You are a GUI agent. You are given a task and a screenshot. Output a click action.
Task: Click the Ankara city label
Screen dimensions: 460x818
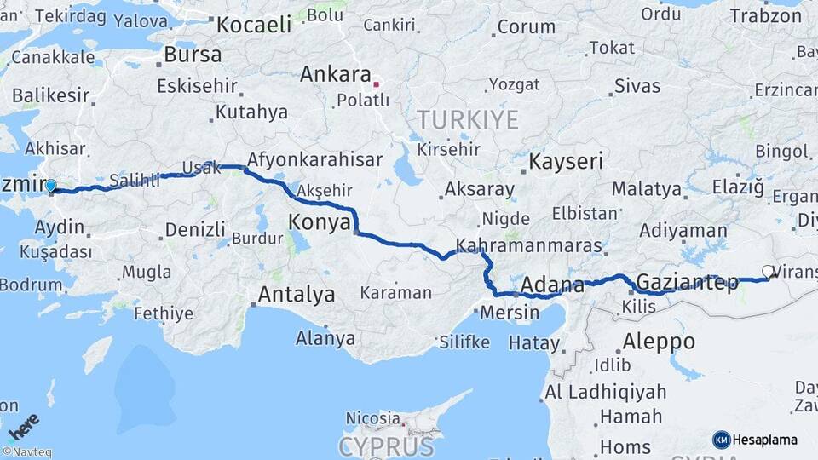tap(335, 74)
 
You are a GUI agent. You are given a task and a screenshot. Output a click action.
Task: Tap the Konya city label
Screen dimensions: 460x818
tap(320, 223)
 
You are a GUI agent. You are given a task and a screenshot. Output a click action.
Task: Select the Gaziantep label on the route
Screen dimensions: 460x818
tap(687, 283)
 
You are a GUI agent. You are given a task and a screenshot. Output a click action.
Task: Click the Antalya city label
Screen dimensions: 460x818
tap(296, 296)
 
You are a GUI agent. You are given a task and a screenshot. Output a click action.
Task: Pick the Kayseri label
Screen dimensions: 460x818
tap(566, 161)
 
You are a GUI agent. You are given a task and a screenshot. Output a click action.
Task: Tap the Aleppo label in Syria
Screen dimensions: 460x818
tap(659, 342)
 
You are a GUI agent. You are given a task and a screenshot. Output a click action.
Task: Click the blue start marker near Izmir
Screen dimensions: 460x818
tap(50, 186)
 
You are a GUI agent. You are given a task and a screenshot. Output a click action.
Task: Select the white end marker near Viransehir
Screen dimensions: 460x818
tap(768, 272)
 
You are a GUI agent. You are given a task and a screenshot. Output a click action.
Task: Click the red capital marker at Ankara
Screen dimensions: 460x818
tap(376, 84)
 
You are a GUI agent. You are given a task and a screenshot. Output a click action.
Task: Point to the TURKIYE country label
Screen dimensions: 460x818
tap(467, 120)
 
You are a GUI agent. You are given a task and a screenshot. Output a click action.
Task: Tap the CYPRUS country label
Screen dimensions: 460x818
tap(386, 446)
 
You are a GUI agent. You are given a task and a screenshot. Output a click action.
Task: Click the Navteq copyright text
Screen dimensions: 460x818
tap(26, 452)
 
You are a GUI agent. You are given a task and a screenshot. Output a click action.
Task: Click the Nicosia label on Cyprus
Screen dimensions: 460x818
tap(372, 418)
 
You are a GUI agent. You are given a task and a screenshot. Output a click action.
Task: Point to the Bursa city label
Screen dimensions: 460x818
tap(193, 55)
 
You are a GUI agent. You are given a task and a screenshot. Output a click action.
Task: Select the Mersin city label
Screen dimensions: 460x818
tap(510, 313)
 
